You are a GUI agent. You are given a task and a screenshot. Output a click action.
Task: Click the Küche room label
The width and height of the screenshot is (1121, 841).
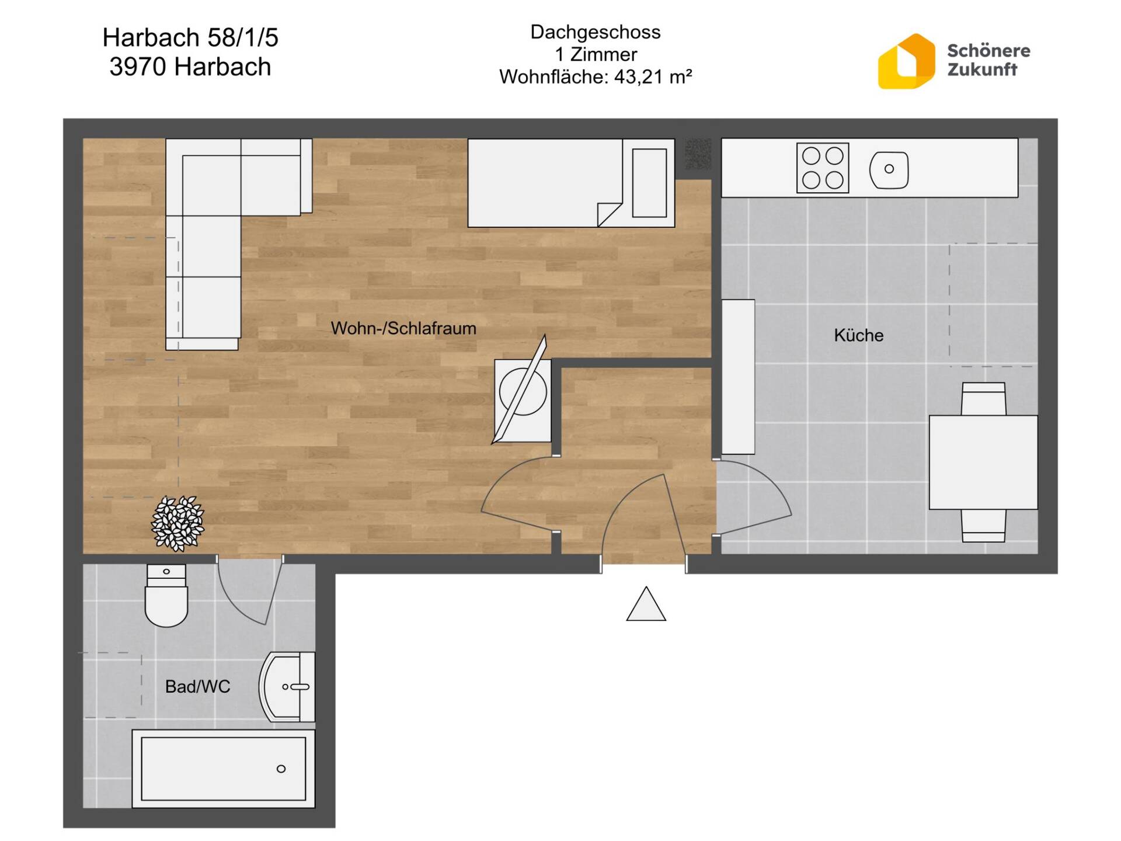(858, 335)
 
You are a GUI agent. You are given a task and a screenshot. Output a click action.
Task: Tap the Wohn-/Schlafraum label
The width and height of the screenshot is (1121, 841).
(403, 328)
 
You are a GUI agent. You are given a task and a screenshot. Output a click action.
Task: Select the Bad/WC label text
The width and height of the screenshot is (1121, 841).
(197, 686)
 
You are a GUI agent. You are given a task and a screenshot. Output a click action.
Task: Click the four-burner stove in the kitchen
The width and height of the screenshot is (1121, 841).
(823, 168)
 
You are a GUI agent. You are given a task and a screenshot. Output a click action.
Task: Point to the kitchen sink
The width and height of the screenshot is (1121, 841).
(889, 169)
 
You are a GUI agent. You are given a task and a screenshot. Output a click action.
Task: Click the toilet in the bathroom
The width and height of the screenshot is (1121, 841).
(166, 595)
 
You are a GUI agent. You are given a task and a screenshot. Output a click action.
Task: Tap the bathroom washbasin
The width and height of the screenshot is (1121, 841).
(287, 687)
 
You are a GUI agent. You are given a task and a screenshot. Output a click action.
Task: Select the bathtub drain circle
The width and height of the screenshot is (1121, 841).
(281, 769)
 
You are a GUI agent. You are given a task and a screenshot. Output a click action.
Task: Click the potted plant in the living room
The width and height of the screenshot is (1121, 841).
(178, 523)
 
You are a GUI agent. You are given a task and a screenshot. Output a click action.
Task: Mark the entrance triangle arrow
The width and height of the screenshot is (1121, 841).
(646, 604)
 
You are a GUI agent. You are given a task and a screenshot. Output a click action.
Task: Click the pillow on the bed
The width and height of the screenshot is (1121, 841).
(649, 183)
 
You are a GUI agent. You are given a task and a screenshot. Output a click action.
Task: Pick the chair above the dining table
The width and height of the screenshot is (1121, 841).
(984, 399)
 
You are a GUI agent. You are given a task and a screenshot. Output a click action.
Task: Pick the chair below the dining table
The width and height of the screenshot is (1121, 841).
(984, 526)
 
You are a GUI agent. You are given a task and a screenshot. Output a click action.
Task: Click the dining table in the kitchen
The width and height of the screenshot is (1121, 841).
(983, 463)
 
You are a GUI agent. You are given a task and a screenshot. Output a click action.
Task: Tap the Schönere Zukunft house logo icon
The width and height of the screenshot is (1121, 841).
(906, 61)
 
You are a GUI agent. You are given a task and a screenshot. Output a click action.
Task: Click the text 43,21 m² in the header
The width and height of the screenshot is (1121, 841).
(653, 77)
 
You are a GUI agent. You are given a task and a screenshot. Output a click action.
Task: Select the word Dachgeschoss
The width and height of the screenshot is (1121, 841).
(596, 32)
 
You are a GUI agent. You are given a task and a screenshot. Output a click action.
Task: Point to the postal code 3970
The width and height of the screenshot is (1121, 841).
(138, 67)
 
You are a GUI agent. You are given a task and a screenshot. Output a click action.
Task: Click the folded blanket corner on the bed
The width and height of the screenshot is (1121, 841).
(610, 214)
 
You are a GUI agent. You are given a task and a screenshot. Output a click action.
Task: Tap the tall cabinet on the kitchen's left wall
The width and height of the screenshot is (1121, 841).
(738, 377)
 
